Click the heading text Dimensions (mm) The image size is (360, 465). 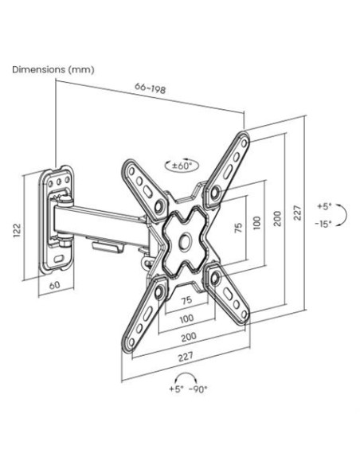[53, 70]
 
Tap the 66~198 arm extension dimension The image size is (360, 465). [150, 88]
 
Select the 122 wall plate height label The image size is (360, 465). [18, 230]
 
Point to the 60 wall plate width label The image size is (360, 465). [54, 285]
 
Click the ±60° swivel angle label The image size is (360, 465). [181, 166]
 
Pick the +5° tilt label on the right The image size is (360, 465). [324, 206]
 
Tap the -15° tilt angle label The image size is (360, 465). [323, 224]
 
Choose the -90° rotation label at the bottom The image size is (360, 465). [198, 389]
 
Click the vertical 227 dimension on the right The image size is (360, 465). [297, 213]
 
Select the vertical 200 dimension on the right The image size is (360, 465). [277, 218]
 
